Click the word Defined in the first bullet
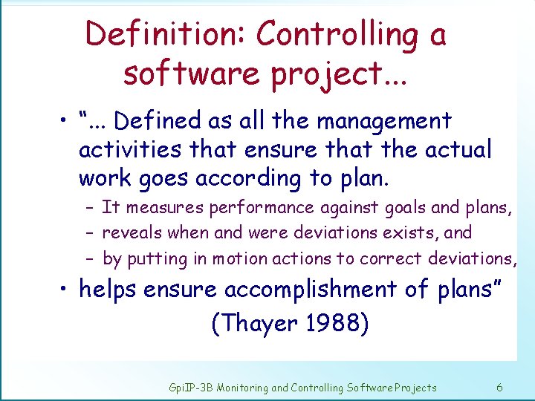point(157,120)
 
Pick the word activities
point(130,150)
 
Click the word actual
point(458,150)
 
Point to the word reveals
point(133,232)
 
